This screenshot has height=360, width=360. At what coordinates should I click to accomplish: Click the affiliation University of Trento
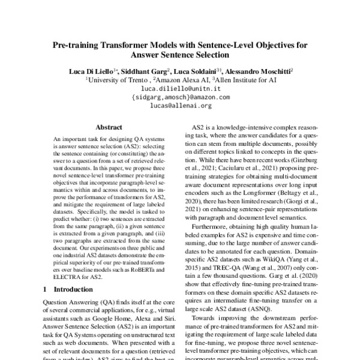(117, 79)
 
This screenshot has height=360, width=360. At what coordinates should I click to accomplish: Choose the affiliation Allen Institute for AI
(243, 79)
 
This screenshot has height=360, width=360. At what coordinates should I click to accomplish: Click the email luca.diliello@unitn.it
(180, 87)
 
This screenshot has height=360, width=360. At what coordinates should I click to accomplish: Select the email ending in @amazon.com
(180, 96)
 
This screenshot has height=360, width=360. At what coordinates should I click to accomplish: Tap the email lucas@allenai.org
(180, 105)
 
